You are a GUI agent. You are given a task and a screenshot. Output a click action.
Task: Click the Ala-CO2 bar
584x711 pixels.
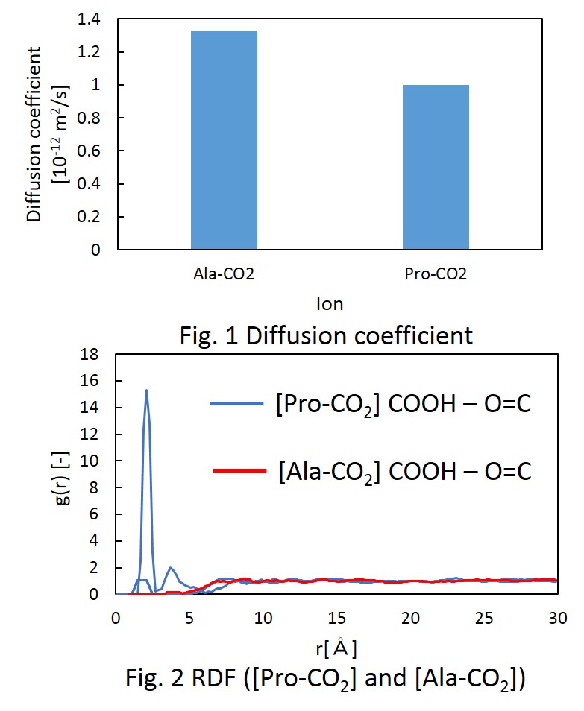(224, 140)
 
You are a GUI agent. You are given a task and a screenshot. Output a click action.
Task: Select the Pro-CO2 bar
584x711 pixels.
(436, 167)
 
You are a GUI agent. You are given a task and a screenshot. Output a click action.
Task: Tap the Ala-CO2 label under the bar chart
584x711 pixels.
(224, 274)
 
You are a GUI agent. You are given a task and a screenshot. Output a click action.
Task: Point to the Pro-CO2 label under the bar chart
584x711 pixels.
(436, 274)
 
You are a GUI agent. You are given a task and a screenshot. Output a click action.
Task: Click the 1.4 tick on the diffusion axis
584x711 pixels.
(90, 19)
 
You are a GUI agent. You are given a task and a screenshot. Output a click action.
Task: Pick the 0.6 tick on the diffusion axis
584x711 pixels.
(90, 151)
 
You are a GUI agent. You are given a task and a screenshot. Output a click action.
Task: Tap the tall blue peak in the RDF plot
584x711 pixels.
(146, 391)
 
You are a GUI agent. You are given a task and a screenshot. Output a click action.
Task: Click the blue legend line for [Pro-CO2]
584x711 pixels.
(236, 403)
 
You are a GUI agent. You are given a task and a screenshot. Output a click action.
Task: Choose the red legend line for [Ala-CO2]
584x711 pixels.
(240, 470)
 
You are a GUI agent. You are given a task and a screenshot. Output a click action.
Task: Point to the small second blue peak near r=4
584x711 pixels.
(172, 568)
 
